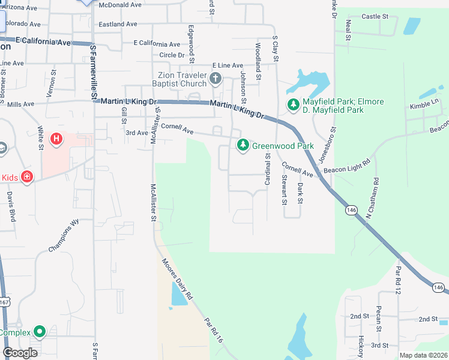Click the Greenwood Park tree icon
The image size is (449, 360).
click(x=243, y=145)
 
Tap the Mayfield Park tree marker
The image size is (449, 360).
click(x=294, y=106)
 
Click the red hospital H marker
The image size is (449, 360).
click(x=56, y=140)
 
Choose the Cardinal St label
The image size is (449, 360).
click(x=267, y=168)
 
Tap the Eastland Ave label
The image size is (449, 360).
click(x=118, y=25)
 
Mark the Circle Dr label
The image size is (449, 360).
click(x=168, y=55)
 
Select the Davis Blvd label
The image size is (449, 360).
click(x=11, y=205)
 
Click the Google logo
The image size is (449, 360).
click(x=20, y=353)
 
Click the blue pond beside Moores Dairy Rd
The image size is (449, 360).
click(x=178, y=294)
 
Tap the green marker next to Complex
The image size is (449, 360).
click(x=40, y=331)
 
